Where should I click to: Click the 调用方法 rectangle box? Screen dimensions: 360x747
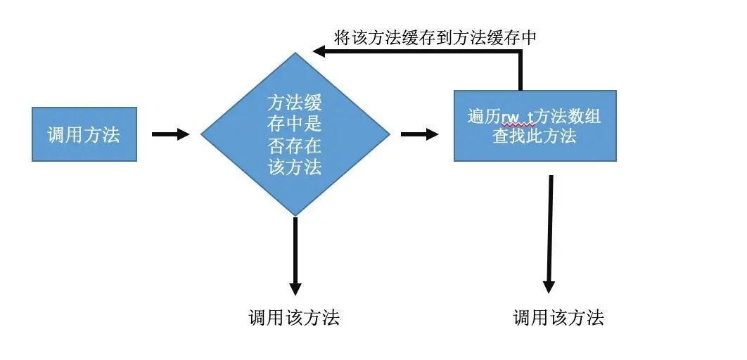click(x=84, y=134)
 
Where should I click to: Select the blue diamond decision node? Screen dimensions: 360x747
click(x=295, y=134)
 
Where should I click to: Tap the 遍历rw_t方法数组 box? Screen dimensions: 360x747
click(x=535, y=125)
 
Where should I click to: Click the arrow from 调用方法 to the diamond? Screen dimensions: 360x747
click(x=170, y=134)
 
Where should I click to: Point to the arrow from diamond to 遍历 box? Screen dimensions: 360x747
click(x=419, y=134)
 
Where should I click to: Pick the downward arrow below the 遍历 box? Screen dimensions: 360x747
click(x=550, y=232)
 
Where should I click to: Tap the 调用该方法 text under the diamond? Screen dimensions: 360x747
click(x=294, y=318)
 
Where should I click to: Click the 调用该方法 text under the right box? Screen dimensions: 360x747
click(x=558, y=318)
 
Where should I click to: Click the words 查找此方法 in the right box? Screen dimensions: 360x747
click(x=535, y=136)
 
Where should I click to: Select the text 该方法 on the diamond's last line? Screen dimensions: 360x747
click(x=295, y=167)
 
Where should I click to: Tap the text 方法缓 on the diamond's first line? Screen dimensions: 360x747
click(x=295, y=103)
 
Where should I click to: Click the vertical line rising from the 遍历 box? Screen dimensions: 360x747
click(x=521, y=71)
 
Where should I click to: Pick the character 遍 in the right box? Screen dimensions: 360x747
click(x=476, y=116)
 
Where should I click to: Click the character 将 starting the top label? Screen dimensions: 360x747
click(x=342, y=38)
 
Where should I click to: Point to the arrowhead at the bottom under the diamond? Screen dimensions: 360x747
click(x=295, y=288)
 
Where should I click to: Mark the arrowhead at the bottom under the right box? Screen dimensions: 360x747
click(x=549, y=287)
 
